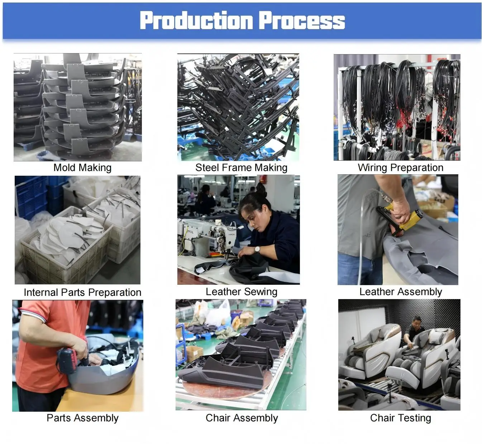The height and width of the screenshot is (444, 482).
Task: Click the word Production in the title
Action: point(196,20)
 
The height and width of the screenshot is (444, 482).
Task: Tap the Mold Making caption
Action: point(82,167)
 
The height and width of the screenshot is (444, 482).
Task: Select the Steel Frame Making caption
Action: point(241,167)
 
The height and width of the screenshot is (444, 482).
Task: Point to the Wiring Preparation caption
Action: point(401,167)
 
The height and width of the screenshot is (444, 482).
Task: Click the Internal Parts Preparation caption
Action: point(82,292)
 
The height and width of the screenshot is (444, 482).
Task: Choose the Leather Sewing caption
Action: point(242,292)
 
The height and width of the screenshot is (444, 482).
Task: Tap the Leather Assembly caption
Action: point(401,292)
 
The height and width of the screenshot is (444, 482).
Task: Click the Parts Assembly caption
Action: point(82,418)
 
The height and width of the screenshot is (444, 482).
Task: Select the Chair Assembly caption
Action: point(242,418)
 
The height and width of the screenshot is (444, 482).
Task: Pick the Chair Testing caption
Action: point(401,418)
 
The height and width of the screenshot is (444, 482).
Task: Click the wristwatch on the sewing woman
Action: point(257,249)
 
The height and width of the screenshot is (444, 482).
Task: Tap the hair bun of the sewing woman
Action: point(261,190)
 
